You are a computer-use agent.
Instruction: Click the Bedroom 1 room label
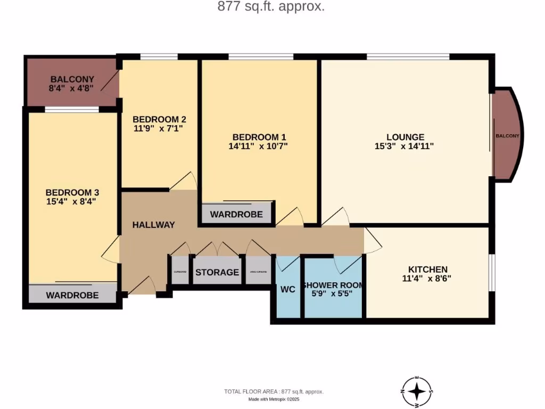coord(254,136)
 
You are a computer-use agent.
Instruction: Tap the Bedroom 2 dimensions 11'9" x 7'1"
coord(159,128)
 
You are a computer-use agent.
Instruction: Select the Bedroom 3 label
coord(72,192)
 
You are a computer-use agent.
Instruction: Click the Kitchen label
coord(427,269)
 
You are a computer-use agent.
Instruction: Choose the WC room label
coord(288,290)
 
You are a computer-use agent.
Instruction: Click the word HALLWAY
coord(153,225)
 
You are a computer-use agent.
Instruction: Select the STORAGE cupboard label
coord(217,272)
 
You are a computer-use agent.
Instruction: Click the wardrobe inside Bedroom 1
coord(236,215)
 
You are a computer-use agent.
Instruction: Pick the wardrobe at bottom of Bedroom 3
coord(72,295)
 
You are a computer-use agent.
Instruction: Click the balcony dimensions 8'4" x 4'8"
coord(71,88)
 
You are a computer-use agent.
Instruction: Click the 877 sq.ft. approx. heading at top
coord(271,7)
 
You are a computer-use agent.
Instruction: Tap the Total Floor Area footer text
coord(274,391)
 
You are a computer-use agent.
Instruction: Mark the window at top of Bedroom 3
coord(71,110)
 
